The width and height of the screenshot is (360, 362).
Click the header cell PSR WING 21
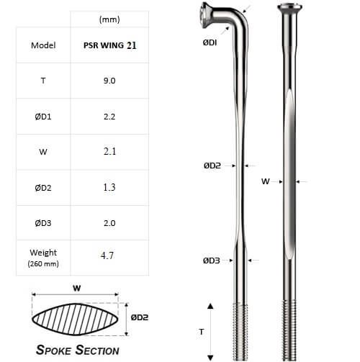pos(109,45)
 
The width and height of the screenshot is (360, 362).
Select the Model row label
pos(43,45)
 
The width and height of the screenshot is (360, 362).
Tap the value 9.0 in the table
pos(109,82)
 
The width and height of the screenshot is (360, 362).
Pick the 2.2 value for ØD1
pos(109,117)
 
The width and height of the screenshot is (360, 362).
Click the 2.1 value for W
pos(109,151)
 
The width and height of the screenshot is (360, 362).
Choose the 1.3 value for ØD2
pos(109,187)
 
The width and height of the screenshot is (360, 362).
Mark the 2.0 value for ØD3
pos(109,222)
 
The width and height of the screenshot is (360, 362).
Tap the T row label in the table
pos(43,82)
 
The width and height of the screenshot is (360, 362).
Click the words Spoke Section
pos(78,350)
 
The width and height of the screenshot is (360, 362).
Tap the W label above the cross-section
pos(76,287)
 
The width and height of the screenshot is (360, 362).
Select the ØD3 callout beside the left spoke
pos(211,261)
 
